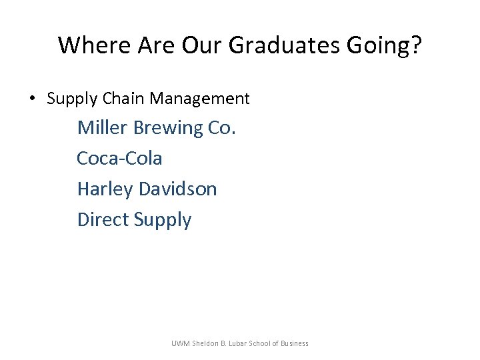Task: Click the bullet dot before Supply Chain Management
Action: point(32,99)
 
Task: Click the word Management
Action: point(199,99)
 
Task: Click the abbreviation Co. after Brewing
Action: point(222,127)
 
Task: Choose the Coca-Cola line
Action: point(119,158)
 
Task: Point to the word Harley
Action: point(105,189)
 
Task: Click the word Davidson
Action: point(178,189)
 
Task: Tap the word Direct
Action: point(103,219)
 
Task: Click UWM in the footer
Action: point(181,343)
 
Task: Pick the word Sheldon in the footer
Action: point(207,343)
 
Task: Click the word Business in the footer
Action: point(293,343)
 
